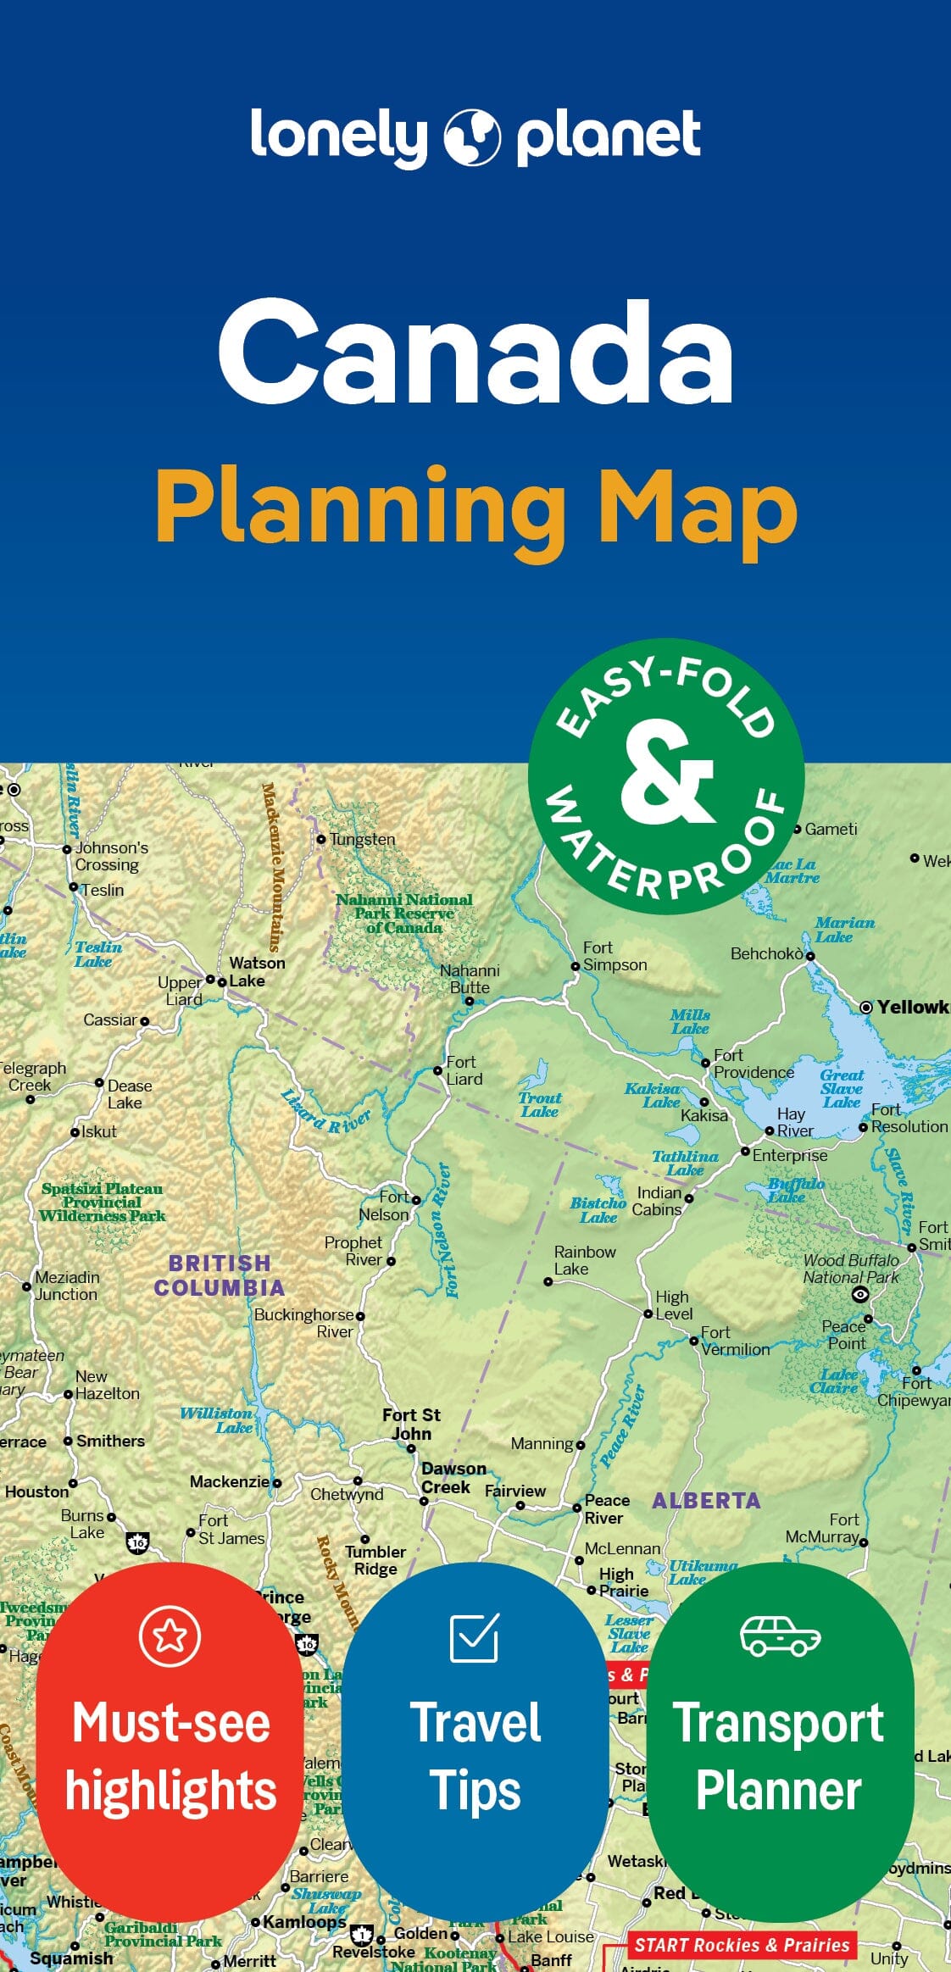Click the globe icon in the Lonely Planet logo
pos(472,136)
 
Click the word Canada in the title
pos(475,352)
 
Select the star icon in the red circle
pos(170,1635)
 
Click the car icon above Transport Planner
pos(779,1635)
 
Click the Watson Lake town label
pos(257,971)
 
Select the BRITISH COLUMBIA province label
pos(219,1275)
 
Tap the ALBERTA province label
pos(705,1500)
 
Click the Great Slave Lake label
pos(841,1088)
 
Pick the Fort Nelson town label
pos(386,1205)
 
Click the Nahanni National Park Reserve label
pos(403,913)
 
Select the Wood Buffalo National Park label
pos(850,1269)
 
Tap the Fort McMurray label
pos(822,1528)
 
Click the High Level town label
pos(673,1305)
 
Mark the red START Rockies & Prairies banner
pos(741,1944)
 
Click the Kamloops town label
pos(303,1921)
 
